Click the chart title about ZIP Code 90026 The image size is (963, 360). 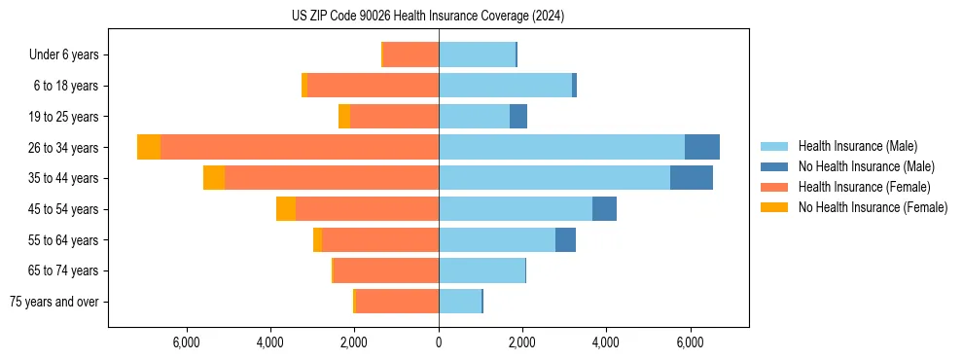428,17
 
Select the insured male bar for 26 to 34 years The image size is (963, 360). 561,147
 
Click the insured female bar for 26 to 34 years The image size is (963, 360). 300,147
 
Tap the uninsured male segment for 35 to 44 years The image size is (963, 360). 692,178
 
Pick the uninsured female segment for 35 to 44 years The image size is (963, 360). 214,178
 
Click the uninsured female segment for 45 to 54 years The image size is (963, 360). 286,209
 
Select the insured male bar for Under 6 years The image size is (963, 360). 477,54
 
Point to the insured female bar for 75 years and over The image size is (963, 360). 397,302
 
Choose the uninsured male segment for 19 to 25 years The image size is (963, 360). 518,117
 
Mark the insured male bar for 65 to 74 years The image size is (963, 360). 481,270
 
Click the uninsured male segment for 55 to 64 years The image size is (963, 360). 565,240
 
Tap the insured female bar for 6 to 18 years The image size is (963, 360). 373,86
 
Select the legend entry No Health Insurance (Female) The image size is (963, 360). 873,207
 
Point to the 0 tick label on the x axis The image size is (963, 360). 439,342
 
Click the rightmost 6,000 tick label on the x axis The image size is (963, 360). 690,342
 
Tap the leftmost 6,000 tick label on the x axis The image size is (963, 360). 186,342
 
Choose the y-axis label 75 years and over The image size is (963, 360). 54,302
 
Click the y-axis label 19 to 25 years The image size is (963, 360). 66,117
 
